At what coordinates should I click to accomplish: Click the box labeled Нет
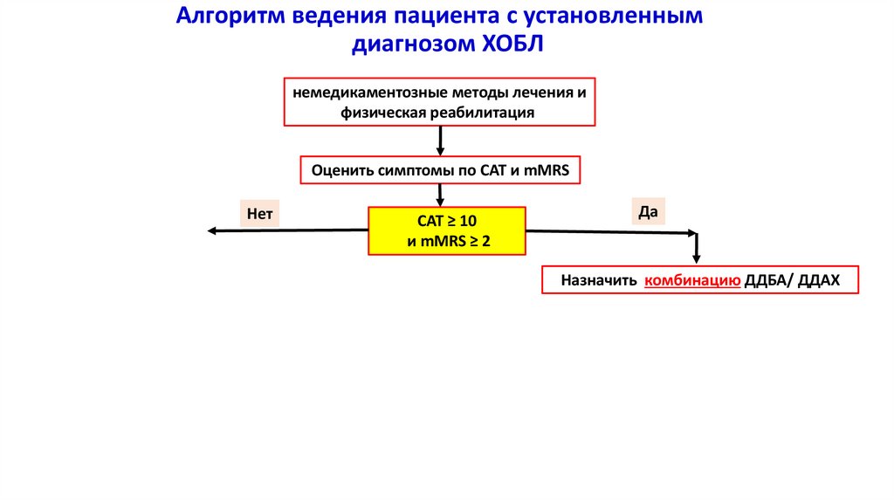(260, 212)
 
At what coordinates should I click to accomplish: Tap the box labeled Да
(647, 210)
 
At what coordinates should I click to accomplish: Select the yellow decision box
(447, 230)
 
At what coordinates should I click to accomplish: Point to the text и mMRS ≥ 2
(449, 241)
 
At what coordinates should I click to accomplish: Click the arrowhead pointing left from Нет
(212, 230)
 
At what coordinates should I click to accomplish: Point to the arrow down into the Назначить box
(696, 250)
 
